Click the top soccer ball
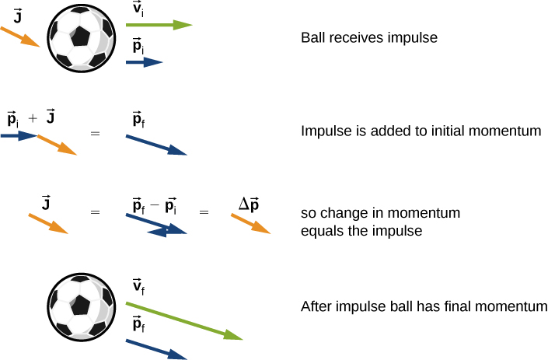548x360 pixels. point(81,38)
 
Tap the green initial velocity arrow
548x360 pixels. point(159,26)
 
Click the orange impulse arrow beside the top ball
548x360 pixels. point(19,37)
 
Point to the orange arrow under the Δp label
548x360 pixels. point(250,224)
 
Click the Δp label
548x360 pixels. point(249,204)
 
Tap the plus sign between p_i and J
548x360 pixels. point(32,119)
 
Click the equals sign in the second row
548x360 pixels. point(96,134)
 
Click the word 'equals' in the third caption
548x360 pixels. point(319,231)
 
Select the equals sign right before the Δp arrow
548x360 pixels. point(204,211)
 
